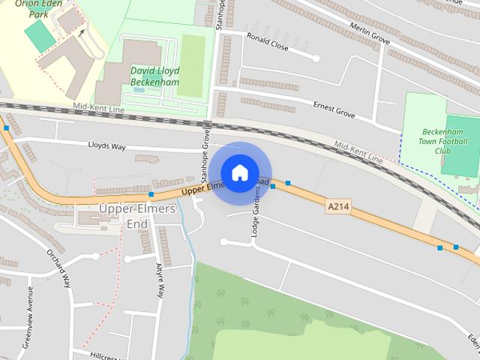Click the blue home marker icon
[x=239, y=172]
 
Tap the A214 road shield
[x=338, y=205]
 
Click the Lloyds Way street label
[x=107, y=146]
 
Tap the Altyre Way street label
[x=160, y=281]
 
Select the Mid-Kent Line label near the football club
[x=358, y=152]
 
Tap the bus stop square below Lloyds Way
[x=151, y=195]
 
